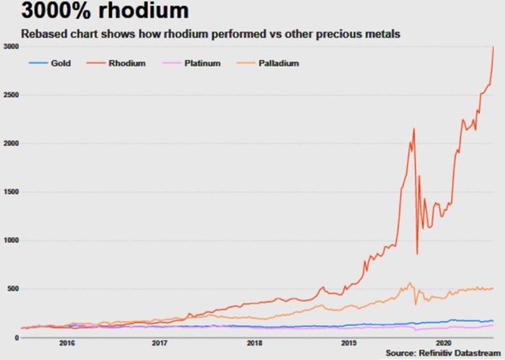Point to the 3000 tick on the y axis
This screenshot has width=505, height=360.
pyautogui.click(x=12, y=47)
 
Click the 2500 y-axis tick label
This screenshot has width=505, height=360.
pyautogui.click(x=12, y=96)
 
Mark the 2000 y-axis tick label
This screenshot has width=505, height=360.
pyautogui.click(x=12, y=144)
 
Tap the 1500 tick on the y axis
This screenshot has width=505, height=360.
pyautogui.click(x=12, y=192)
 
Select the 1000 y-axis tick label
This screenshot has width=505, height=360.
pyautogui.click(x=12, y=240)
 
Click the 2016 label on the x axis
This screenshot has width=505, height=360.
pyautogui.click(x=67, y=344)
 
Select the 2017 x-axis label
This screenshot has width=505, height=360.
pyautogui.click(x=160, y=344)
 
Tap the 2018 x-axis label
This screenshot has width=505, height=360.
pyautogui.click(x=254, y=344)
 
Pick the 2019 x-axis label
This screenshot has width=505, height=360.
pyautogui.click(x=349, y=344)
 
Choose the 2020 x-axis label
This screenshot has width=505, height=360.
pyautogui.click(x=443, y=344)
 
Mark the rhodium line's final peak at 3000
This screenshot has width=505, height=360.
pyautogui.click(x=494, y=47)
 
